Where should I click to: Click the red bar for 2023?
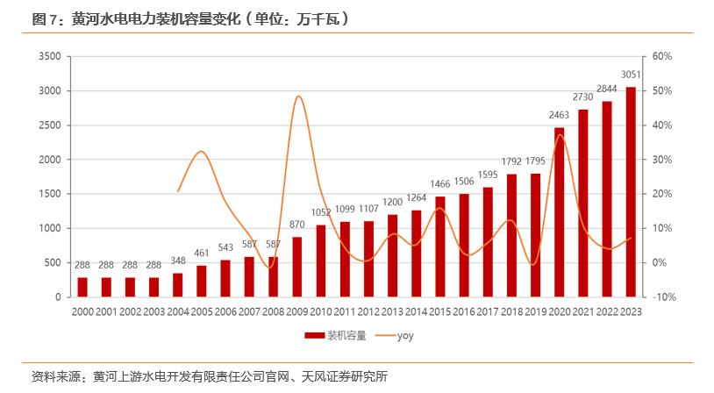point(631,192)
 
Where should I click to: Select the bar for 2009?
point(296,267)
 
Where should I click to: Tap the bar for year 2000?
point(82,287)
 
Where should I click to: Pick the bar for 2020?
point(559,212)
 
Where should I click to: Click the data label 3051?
point(631,75)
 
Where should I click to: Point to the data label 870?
point(296,225)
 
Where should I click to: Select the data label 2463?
point(559,115)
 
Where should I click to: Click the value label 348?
point(178,261)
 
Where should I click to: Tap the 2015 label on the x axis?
point(439,312)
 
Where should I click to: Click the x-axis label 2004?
point(178,312)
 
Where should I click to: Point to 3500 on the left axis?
point(50,56)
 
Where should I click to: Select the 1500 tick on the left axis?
point(50,194)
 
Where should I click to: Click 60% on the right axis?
point(662,56)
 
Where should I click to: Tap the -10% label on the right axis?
point(664,297)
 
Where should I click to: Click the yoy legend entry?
point(394,336)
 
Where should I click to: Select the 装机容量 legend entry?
point(336,336)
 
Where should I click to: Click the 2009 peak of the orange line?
point(298,96)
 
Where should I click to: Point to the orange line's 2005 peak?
point(201,151)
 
